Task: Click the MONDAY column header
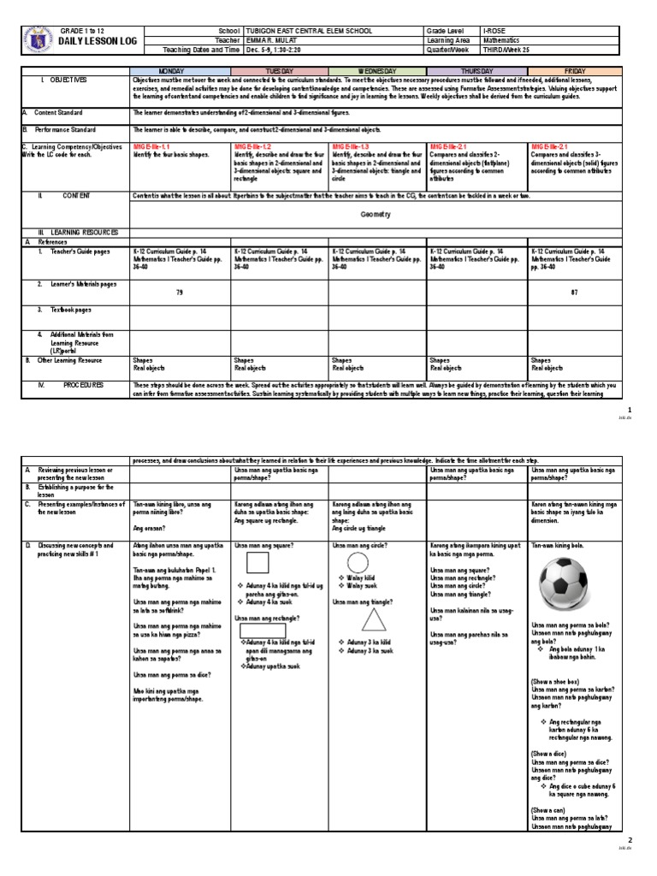(x=180, y=70)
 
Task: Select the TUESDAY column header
(x=280, y=70)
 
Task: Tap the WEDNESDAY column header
(x=376, y=70)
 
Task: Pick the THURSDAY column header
(x=476, y=70)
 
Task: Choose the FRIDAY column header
(x=575, y=70)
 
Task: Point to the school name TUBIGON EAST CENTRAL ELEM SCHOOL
(x=309, y=31)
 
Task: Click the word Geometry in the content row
(x=376, y=215)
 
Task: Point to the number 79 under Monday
(x=180, y=292)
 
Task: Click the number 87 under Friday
(x=575, y=292)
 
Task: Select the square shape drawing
(x=257, y=563)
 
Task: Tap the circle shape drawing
(x=358, y=563)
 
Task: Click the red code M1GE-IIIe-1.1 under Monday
(x=155, y=147)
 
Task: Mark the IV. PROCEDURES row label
(x=84, y=385)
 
